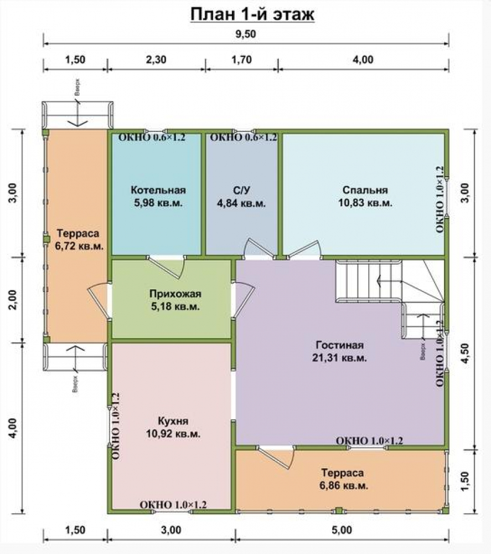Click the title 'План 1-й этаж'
252,14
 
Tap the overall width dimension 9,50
246,34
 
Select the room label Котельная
158,190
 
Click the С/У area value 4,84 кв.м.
241,203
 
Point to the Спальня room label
365,190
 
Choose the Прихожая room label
175,294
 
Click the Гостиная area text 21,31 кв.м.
339,358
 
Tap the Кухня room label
173,421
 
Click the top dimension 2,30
156,59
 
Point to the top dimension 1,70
241,59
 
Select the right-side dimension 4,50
466,353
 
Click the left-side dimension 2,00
13,300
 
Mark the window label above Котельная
152,137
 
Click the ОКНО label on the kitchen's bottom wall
173,505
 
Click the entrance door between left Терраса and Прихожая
100,300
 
